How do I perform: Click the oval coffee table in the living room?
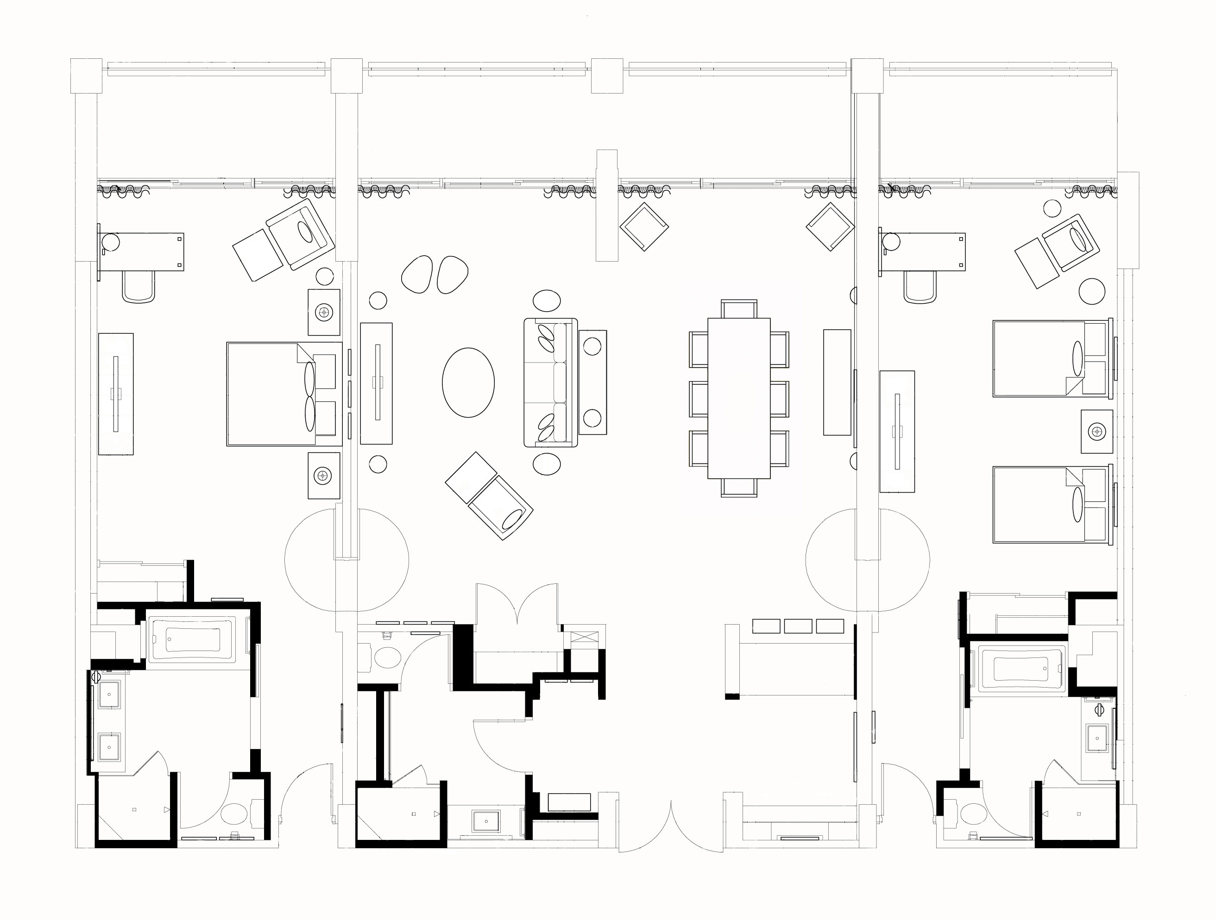(x=468, y=382)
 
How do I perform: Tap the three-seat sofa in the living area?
(x=550, y=382)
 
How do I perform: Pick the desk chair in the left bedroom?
(x=138, y=288)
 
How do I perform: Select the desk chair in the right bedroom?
(x=920, y=288)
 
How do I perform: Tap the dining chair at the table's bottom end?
(x=738, y=487)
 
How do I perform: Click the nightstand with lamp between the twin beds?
(x=1096, y=432)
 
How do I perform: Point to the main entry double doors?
(x=671, y=830)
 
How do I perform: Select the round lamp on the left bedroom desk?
(x=109, y=242)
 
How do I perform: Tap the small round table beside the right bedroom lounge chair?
(x=1092, y=291)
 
